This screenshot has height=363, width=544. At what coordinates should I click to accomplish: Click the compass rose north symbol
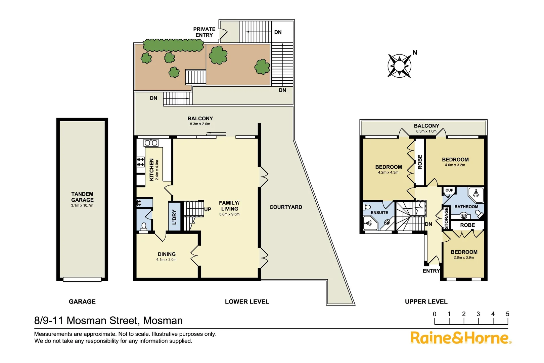pos(399,66)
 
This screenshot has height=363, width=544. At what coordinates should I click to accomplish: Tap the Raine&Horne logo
pos(460,338)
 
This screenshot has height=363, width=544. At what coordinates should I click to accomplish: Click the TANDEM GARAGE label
pos(82,197)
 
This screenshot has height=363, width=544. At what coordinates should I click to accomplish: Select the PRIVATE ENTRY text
pos(204,32)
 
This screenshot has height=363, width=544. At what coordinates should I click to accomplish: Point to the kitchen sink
pos(151,143)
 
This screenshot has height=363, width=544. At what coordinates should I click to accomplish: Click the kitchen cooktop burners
pos(140,162)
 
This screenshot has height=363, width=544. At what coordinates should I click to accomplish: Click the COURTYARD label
pos(286,207)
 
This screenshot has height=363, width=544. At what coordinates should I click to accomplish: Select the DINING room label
pos(167,254)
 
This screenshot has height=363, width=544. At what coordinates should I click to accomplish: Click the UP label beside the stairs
pos(208,209)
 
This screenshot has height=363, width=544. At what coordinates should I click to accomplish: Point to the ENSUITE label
pos(379,212)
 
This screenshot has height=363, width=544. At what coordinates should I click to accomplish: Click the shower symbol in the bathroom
pos(476,193)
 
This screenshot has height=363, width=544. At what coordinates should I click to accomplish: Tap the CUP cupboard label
pos(449,190)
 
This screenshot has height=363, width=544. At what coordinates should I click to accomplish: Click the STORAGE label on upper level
pos(446,218)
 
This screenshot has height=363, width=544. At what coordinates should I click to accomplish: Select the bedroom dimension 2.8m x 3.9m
pos(464,257)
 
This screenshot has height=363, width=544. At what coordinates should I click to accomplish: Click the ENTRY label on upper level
pos(431,271)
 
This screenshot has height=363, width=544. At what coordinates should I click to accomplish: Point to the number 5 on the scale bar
pos(507,314)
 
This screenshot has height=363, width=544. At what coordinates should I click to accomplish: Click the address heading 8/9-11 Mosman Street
pos(108,320)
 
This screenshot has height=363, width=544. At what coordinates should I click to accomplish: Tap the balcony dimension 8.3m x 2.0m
pos(200,124)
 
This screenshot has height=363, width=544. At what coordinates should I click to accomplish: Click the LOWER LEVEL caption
pos(247,301)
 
